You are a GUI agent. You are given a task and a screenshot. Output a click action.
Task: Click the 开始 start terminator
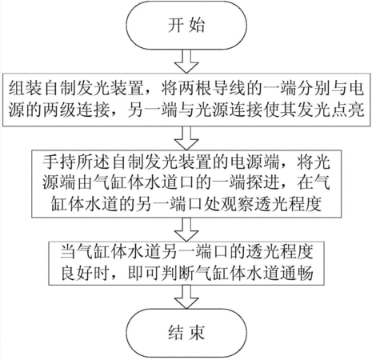186,26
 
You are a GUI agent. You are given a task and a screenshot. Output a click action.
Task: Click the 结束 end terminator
186,333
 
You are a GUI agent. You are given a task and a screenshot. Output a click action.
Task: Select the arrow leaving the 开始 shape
186,61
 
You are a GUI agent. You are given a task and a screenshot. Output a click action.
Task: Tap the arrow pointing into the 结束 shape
186,297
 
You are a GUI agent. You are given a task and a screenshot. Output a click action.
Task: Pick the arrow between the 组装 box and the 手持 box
186,138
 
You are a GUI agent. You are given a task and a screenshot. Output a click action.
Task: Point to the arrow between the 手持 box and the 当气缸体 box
186,230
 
